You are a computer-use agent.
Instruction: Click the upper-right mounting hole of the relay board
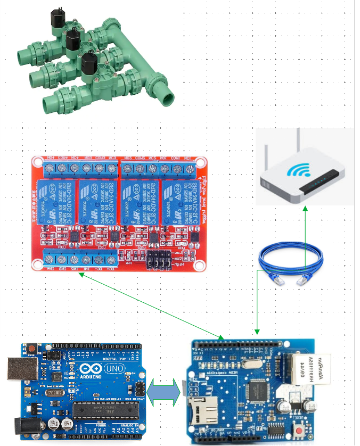pyautogui.click(x=200, y=161)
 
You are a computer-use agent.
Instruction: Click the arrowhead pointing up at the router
pyautogui.click(x=305, y=209)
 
